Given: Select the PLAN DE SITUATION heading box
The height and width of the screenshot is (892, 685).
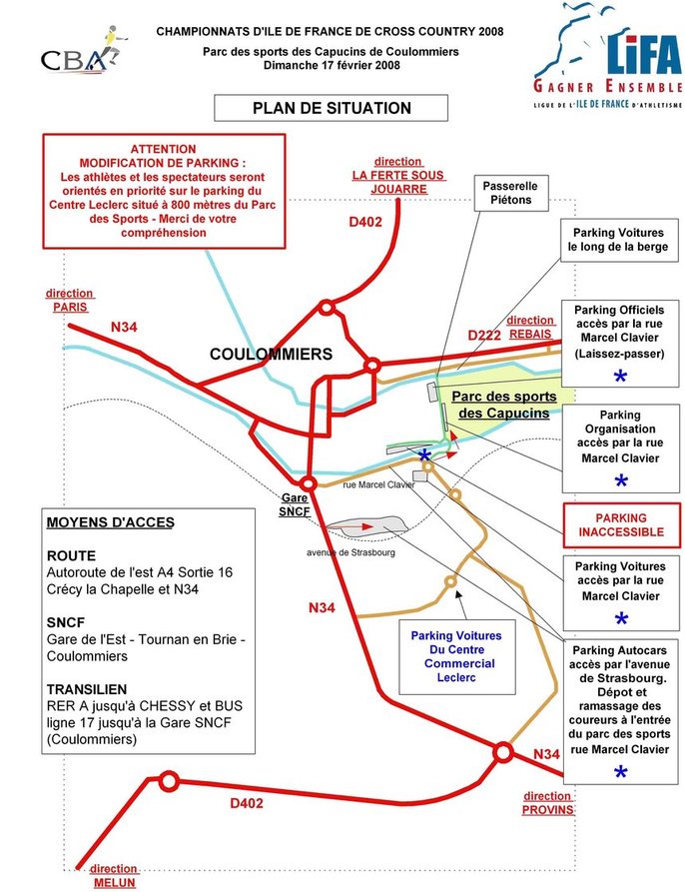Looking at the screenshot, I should [317, 108].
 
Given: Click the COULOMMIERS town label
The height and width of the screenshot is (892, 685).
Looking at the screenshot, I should [271, 354].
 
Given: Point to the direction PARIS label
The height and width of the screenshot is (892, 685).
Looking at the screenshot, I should [69, 300].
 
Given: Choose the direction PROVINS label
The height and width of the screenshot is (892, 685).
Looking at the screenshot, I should [547, 803].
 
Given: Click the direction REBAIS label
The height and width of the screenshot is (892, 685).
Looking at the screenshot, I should [530, 328].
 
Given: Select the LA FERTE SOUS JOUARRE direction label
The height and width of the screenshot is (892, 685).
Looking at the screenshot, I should [397, 174].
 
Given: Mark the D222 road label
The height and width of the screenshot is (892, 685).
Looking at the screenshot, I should [484, 336].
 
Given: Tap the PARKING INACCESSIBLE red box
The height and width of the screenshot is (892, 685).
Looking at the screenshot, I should [621, 525].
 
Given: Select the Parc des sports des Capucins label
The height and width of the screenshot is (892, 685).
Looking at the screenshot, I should [500, 404].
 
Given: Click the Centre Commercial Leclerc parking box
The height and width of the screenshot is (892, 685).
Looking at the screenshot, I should [455, 655].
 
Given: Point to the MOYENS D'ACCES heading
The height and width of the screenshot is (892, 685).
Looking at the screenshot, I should [110, 521].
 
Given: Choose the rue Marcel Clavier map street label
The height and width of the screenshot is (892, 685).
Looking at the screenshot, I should [378, 484].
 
